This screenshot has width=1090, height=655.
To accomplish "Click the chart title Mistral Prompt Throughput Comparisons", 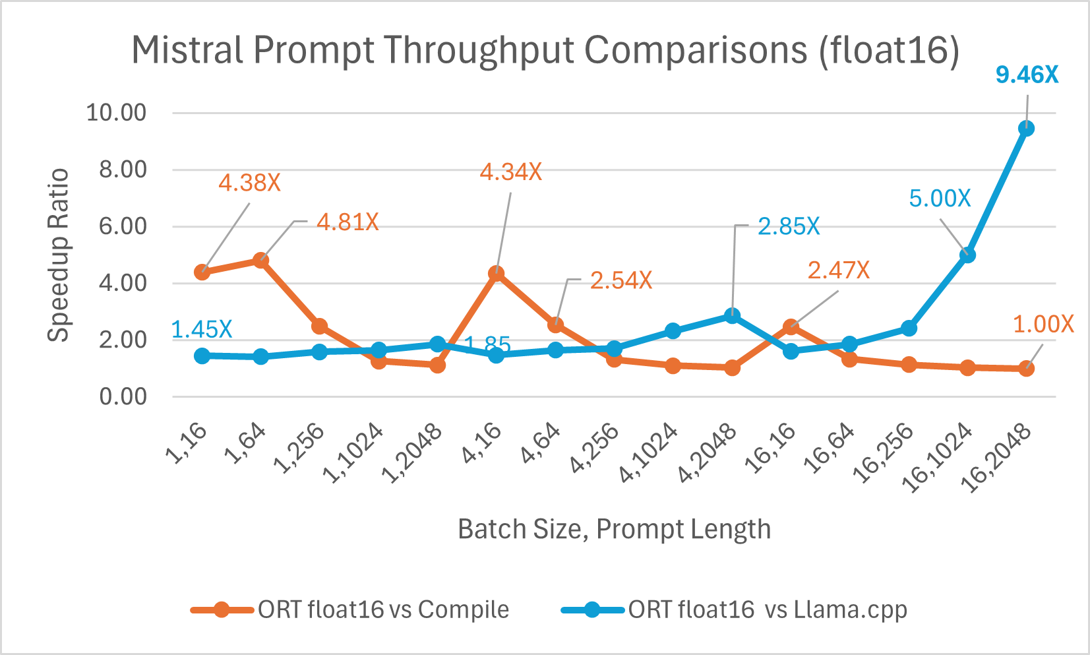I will pos(545,50).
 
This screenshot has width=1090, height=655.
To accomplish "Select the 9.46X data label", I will pos(1027,75).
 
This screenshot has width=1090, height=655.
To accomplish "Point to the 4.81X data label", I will pos(348,222).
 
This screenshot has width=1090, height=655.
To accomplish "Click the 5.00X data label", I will pos(940,199).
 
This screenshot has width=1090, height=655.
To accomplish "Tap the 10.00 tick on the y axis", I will pos(116,113).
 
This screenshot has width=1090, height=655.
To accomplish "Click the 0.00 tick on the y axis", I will pos(123,397).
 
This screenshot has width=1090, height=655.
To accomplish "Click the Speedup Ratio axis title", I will pos(59,255).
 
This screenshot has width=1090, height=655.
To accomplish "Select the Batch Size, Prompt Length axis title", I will pos(614,529).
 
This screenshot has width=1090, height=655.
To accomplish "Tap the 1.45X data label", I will pos(202,329).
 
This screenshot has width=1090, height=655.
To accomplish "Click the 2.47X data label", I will pos(838,270).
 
